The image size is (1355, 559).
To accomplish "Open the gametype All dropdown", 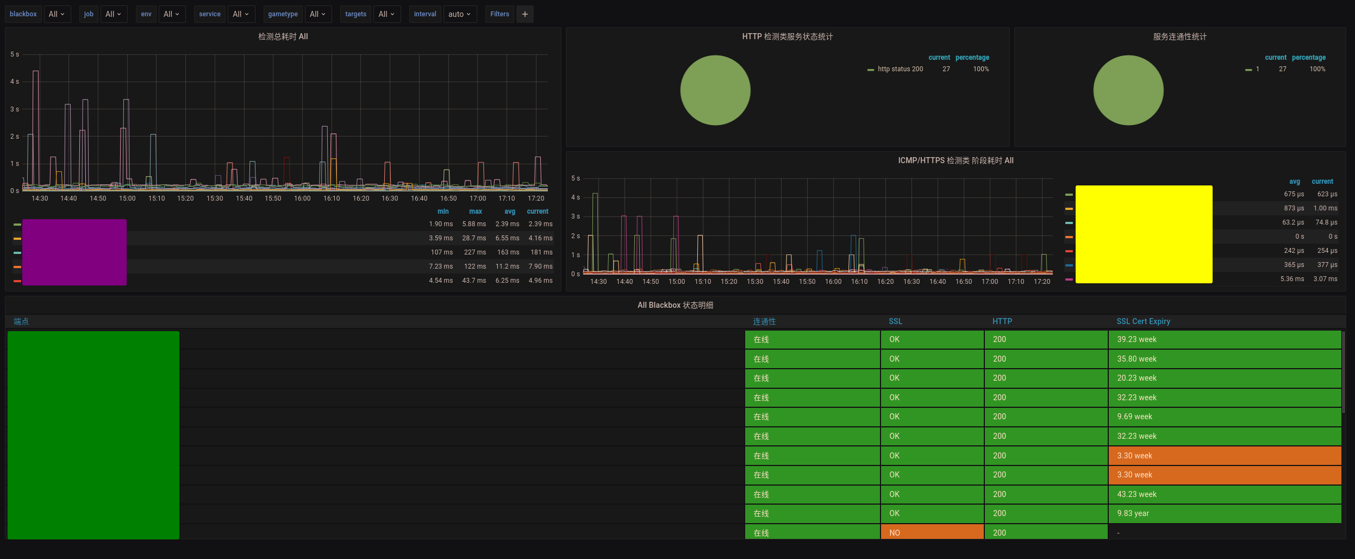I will tap(317, 14).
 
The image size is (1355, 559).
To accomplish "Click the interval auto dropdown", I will tap(459, 14).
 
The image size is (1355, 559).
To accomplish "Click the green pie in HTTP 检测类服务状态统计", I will tap(715, 90).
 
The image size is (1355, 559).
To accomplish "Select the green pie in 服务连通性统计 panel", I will tap(1128, 90).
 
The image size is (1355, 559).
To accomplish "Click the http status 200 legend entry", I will tap(900, 69).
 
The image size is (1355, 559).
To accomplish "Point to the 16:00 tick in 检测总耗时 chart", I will tap(302, 198).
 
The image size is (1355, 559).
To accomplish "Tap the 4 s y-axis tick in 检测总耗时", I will tap(15, 82).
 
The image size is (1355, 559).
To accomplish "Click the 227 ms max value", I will tap(474, 252).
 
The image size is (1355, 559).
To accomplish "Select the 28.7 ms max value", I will tap(474, 238).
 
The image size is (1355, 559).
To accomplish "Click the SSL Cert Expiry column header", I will tap(1143, 321).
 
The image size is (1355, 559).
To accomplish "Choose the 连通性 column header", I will tap(764, 321).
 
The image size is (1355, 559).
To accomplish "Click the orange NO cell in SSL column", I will tap(932, 533).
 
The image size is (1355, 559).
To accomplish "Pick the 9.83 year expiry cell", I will tap(1133, 513).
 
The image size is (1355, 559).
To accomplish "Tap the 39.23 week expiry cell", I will tap(1137, 339).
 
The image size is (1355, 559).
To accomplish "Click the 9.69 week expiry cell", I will tap(1134, 417).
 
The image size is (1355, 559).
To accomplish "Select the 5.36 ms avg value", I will tap(1292, 279).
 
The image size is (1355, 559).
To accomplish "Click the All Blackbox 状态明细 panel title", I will tap(675, 305).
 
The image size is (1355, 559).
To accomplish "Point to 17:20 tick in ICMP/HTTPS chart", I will tap(1042, 282).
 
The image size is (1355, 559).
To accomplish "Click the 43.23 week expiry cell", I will tap(1137, 494).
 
